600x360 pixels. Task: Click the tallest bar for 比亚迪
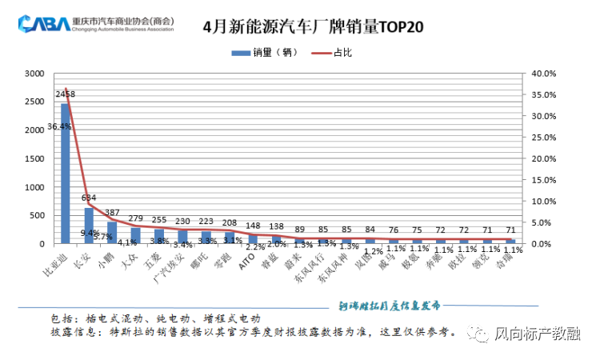65,184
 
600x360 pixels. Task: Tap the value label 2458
66,94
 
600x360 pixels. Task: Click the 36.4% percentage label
58,126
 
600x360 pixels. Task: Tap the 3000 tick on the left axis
34,74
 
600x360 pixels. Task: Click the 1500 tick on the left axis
34,158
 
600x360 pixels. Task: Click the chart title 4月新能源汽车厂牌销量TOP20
313,26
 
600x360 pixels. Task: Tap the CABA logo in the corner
44,25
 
